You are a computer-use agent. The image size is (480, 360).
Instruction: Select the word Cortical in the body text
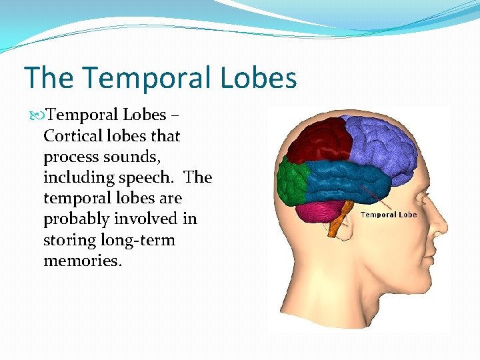tap(73, 136)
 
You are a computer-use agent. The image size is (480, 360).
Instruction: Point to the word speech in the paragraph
tap(154, 177)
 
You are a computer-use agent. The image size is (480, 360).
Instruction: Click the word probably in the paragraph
tap(77, 219)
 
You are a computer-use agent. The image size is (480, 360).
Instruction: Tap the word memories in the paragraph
tap(82, 260)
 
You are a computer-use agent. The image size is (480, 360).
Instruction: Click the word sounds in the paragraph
tap(141, 157)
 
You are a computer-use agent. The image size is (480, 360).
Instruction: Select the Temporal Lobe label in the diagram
tap(388, 215)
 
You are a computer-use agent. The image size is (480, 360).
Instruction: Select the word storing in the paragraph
tap(70, 239)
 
